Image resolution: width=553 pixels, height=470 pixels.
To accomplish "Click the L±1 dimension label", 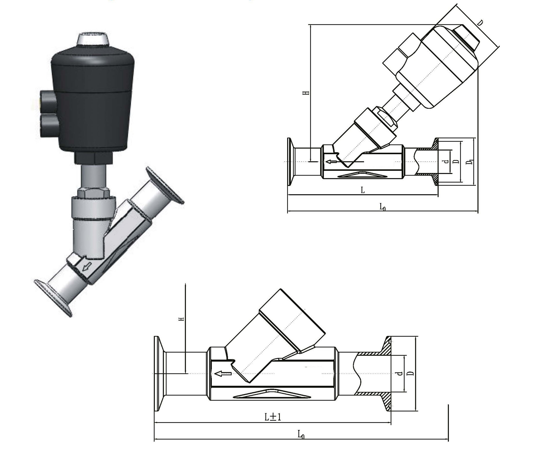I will tap(273, 417).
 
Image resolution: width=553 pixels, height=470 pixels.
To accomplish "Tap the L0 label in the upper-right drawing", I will tap(383, 207).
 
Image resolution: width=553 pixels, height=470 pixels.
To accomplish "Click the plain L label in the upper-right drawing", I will tap(363, 190).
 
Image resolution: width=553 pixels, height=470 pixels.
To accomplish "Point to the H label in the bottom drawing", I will tap(181, 319).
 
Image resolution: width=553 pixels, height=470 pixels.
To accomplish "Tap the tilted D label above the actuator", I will tap(480, 23).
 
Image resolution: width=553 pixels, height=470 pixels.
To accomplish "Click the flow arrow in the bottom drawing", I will tap(224, 374).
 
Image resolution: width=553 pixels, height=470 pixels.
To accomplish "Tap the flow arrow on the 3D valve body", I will tap(87, 266).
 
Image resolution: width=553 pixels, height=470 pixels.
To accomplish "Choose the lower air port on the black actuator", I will tap(48, 125).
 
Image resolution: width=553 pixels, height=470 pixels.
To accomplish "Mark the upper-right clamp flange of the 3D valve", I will tap(165, 186).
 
